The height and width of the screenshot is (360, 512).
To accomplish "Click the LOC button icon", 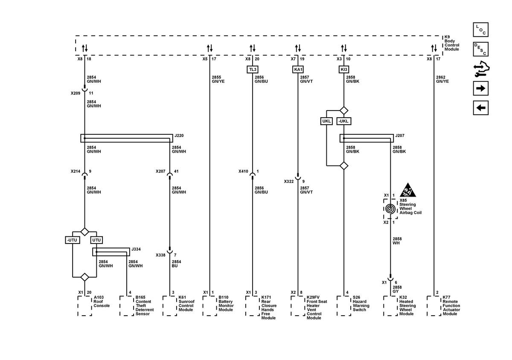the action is [480, 30].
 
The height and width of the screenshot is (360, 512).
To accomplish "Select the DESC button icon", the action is [480, 49].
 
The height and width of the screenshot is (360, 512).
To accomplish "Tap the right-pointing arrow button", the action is [480, 88].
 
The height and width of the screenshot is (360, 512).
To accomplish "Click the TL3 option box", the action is [253, 70].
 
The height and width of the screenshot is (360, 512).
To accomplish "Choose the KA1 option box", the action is [298, 70].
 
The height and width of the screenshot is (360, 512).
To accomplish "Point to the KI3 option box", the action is [344, 70].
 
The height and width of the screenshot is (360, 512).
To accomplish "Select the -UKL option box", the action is [344, 121].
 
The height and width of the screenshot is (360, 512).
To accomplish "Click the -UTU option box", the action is [73, 240].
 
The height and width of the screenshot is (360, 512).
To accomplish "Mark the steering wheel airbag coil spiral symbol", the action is [390, 209].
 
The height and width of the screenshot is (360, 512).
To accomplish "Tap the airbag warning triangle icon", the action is [408, 190].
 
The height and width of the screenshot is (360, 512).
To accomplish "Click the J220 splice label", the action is [179, 136].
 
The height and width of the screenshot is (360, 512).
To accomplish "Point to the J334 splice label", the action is [136, 249].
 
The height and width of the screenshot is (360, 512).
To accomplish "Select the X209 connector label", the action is [76, 93].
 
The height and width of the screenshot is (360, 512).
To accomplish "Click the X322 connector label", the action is [289, 181].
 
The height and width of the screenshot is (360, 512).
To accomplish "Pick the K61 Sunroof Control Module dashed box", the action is [170, 306].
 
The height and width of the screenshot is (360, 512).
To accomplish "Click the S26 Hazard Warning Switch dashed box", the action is [344, 306].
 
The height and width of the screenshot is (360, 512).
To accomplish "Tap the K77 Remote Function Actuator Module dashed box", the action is [434, 306].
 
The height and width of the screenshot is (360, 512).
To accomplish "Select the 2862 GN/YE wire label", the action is [442, 79].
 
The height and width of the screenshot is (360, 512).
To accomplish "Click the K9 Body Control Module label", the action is [452, 43].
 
